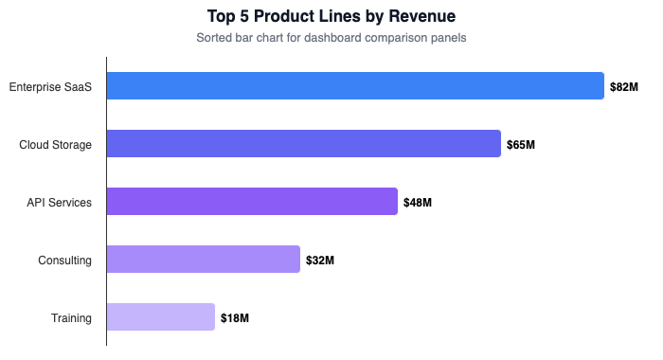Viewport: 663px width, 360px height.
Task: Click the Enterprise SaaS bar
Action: (355, 86)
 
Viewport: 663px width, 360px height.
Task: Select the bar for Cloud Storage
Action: (303, 144)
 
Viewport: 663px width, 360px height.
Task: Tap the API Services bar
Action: (252, 202)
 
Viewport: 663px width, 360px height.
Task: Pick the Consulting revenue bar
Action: (203, 260)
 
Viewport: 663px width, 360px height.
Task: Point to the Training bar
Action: (161, 317)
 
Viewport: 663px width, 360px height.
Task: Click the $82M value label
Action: (624, 87)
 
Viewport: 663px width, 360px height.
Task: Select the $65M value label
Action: (521, 145)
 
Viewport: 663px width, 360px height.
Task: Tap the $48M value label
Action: (418, 203)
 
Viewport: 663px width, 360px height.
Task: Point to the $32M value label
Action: (320, 261)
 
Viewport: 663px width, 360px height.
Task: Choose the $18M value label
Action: (235, 318)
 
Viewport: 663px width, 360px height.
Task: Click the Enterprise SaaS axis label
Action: (50, 87)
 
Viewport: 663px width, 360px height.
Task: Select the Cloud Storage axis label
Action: (55, 145)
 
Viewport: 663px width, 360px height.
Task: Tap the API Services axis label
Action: (59, 203)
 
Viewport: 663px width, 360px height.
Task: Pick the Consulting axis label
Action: (64, 261)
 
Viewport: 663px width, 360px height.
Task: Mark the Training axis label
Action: (71, 318)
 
